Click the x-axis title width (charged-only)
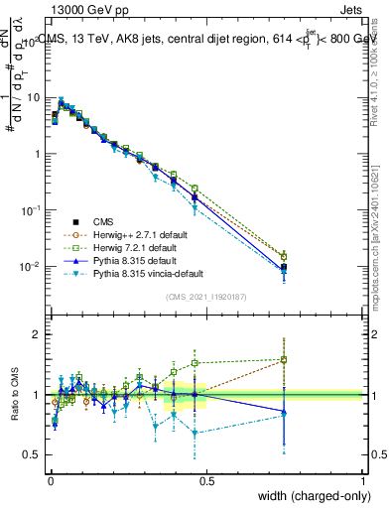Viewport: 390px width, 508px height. click(x=308, y=496)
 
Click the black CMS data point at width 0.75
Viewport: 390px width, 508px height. click(x=284, y=268)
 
